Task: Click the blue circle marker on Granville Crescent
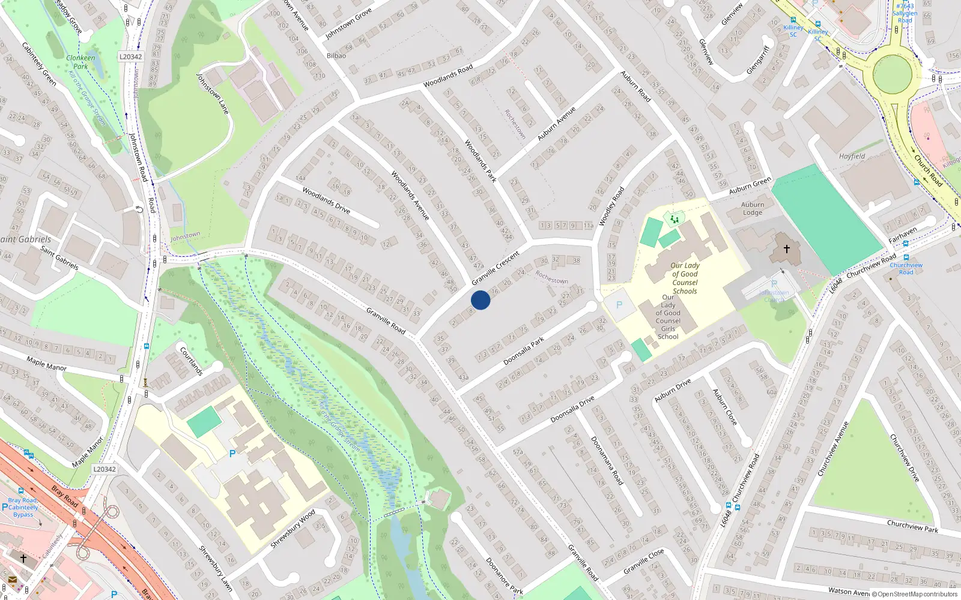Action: pyautogui.click(x=480, y=300)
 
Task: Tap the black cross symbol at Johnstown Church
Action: pyautogui.click(x=786, y=248)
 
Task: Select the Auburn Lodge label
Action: pyautogui.click(x=753, y=208)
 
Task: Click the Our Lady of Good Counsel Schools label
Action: pyautogui.click(x=685, y=278)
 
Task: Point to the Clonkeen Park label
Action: pyautogui.click(x=80, y=62)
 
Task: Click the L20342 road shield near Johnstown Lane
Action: pyautogui.click(x=130, y=57)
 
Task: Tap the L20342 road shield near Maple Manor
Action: pyautogui.click(x=105, y=469)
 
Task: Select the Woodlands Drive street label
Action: pyautogui.click(x=326, y=200)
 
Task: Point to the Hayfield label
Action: pyautogui.click(x=852, y=157)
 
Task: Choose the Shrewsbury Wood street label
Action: pyautogui.click(x=293, y=529)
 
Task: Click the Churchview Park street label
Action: pyautogui.click(x=912, y=526)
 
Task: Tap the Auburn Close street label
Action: pyautogui.click(x=724, y=407)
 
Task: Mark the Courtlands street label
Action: pyautogui.click(x=192, y=361)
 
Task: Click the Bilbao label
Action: pyautogui.click(x=336, y=56)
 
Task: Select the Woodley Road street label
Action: pyautogui.click(x=611, y=206)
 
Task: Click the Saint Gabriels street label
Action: pyautogui.click(x=59, y=257)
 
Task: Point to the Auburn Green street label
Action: pyautogui.click(x=750, y=186)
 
